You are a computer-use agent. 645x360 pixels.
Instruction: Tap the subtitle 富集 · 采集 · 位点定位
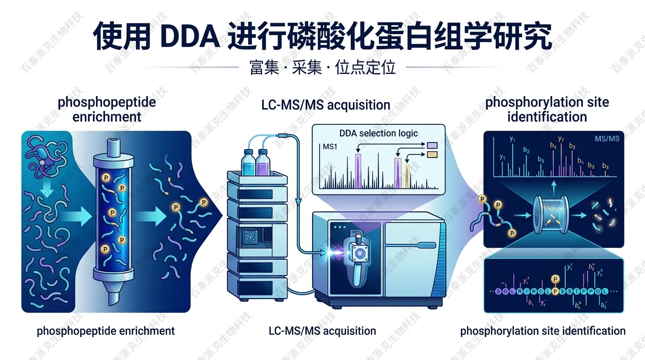(322, 67)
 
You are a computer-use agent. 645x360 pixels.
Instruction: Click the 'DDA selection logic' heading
(378, 133)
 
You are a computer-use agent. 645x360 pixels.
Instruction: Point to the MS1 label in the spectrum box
(331, 147)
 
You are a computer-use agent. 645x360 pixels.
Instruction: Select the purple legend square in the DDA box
(432, 145)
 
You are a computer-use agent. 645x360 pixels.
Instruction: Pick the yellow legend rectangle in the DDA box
(432, 154)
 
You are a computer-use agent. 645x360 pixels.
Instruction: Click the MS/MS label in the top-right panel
(607, 138)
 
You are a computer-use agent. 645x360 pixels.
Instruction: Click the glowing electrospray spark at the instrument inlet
(337, 253)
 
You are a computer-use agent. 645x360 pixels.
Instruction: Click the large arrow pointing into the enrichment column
(75, 217)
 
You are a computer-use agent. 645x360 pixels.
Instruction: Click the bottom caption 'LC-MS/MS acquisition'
(322, 331)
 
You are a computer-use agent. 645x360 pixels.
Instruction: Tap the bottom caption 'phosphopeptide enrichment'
(106, 331)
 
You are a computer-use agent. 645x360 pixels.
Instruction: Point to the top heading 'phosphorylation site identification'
(547, 109)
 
